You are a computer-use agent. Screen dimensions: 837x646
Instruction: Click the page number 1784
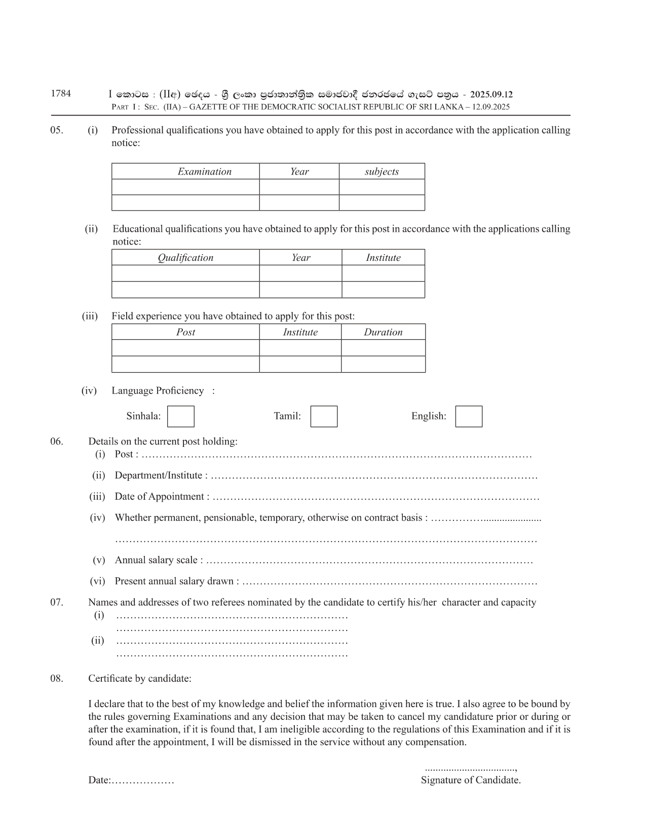(61, 93)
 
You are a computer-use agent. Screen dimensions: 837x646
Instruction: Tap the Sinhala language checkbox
(180, 416)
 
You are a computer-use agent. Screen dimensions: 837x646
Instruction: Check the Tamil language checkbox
(324, 416)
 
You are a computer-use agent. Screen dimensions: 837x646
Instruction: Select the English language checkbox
(469, 416)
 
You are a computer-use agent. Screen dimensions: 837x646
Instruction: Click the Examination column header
(204, 171)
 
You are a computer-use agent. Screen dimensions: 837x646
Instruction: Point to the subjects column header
(382, 171)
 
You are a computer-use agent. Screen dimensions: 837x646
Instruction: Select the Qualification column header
(185, 258)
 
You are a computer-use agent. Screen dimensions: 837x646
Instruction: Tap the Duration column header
(383, 332)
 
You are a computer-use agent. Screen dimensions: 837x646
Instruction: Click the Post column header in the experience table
(185, 332)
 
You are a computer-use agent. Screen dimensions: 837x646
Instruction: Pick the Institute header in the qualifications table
(383, 258)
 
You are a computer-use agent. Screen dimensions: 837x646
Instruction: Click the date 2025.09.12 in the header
(491, 94)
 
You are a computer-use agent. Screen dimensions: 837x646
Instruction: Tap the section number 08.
(57, 678)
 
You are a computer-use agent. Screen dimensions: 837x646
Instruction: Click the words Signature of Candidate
(471, 780)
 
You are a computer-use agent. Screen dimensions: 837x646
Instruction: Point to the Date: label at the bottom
(99, 780)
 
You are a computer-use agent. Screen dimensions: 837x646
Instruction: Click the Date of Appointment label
(162, 497)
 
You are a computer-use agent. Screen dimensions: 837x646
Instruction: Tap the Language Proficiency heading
(158, 391)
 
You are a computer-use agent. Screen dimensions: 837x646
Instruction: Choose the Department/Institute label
(161, 475)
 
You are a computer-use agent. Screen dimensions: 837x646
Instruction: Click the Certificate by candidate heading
(140, 678)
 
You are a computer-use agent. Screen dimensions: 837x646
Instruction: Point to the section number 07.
(57, 602)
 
